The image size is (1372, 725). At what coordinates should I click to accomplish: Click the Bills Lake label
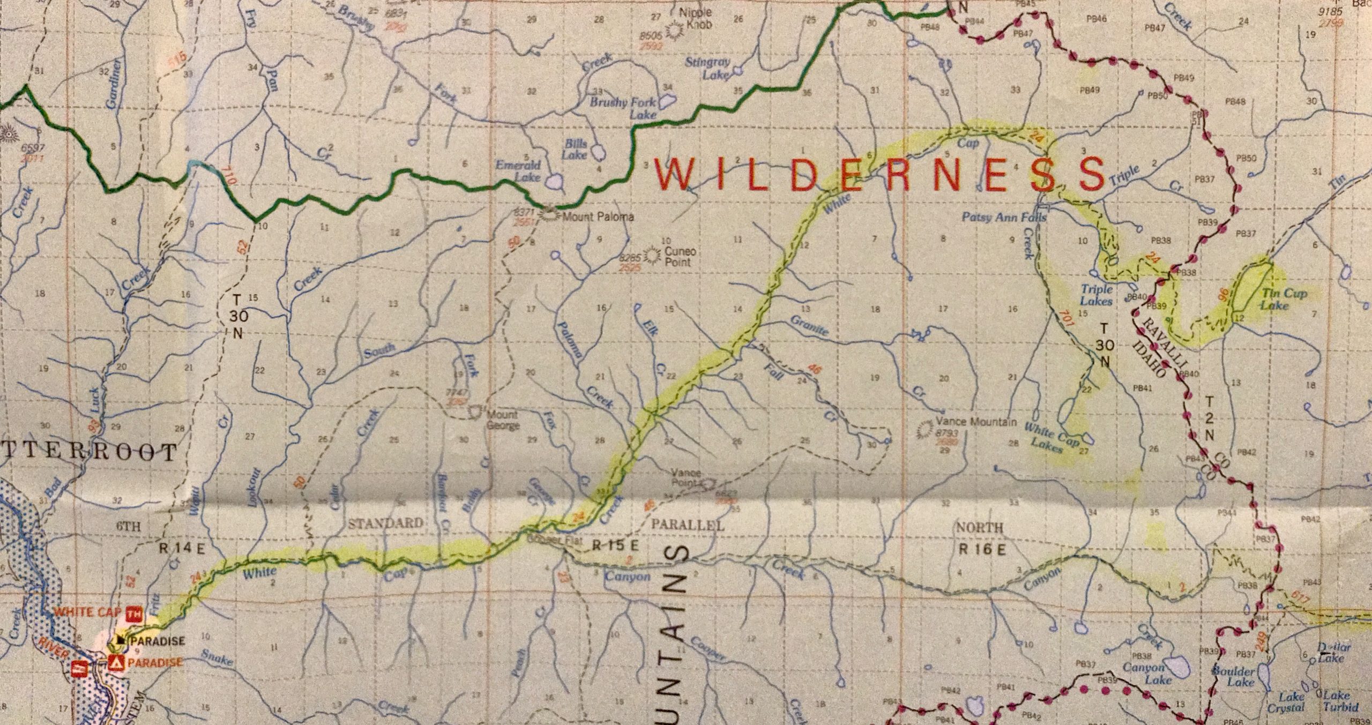point(575,149)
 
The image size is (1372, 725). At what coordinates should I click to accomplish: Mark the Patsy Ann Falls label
point(1004,218)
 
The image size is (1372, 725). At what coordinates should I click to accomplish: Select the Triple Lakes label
point(1097,295)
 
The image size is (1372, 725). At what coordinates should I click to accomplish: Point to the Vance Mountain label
point(975,422)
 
